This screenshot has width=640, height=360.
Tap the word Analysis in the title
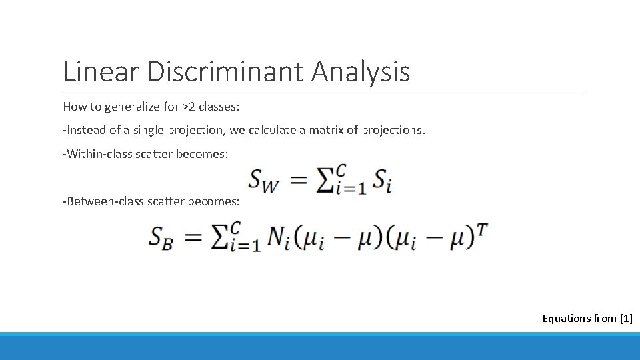(x=360, y=71)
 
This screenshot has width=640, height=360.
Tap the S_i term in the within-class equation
(x=381, y=181)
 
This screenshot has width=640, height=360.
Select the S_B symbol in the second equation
(x=161, y=237)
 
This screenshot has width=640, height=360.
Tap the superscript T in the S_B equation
(x=483, y=229)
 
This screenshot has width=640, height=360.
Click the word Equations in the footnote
(x=566, y=319)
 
